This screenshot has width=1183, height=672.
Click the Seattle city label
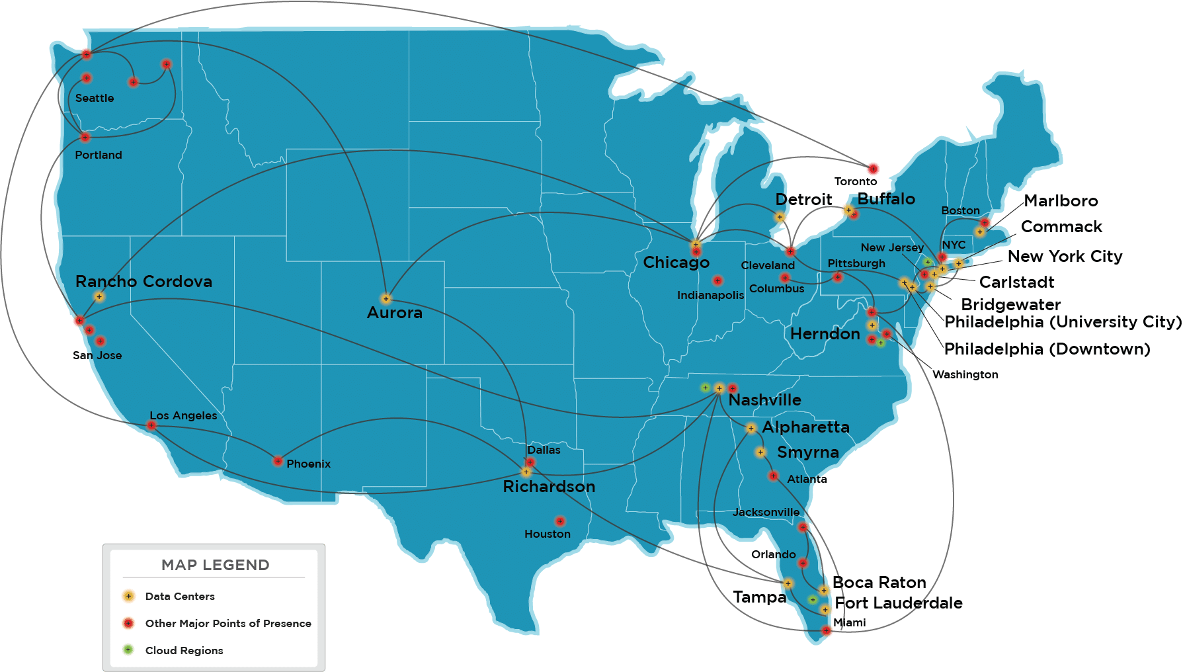coord(95,98)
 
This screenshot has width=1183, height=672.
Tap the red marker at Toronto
coord(873,169)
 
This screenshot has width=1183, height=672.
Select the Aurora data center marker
coord(386,298)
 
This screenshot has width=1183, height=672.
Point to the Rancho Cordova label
coord(143,281)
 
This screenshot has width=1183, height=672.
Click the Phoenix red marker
coord(278,461)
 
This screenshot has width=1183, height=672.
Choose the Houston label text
coord(547,534)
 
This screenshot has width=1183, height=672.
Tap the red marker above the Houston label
coord(560,521)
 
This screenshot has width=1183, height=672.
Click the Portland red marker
coord(85,138)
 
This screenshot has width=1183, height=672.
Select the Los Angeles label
coord(183,415)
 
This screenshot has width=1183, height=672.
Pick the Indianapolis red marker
coord(717,280)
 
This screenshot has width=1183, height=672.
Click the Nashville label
coord(764,400)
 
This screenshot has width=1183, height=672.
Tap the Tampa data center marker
coord(788,583)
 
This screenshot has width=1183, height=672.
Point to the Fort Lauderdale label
coord(899,603)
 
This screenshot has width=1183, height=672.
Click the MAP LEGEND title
coord(215,565)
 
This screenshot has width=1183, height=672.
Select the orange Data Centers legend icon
coord(129,596)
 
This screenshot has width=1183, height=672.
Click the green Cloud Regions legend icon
coord(129,650)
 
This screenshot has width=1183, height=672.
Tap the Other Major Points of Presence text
coord(228,623)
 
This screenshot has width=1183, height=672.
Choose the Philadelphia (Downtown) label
coord(1047,349)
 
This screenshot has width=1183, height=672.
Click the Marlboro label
coord(1061,200)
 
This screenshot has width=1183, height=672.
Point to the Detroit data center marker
coord(780,217)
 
